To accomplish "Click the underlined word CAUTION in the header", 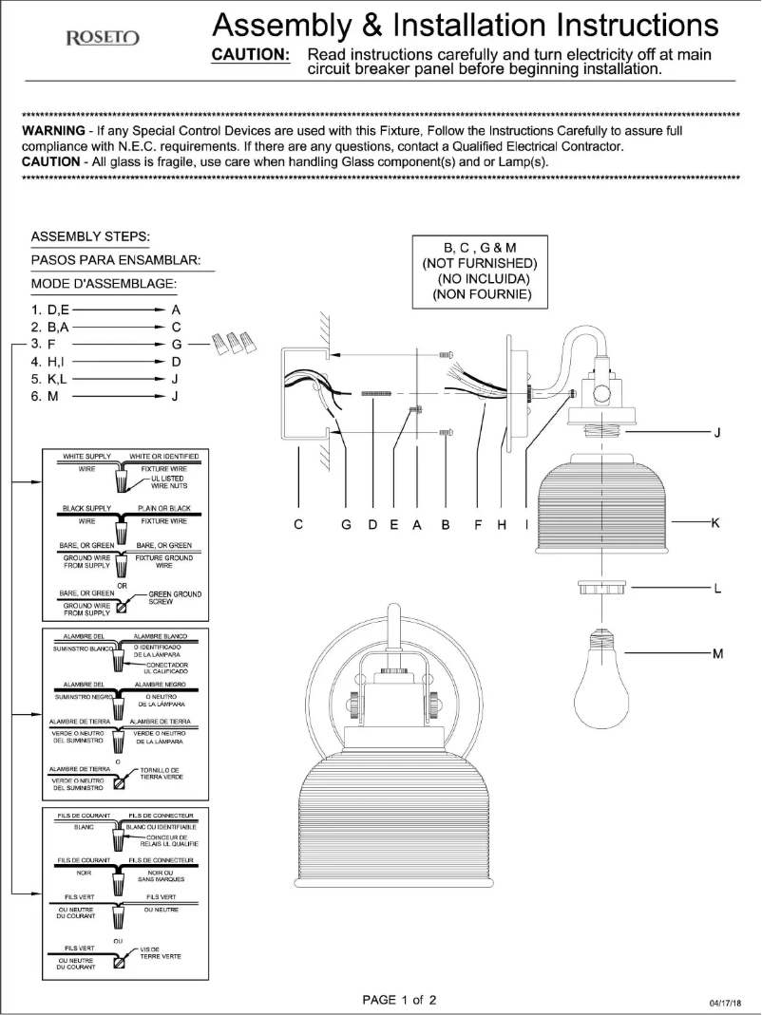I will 250,55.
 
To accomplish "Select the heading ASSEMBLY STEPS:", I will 91,235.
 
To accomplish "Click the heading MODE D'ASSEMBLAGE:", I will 105,284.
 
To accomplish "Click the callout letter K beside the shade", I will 715,522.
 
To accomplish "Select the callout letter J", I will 716,433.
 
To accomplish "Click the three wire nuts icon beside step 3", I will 234,342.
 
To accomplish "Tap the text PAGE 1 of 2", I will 399,1000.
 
